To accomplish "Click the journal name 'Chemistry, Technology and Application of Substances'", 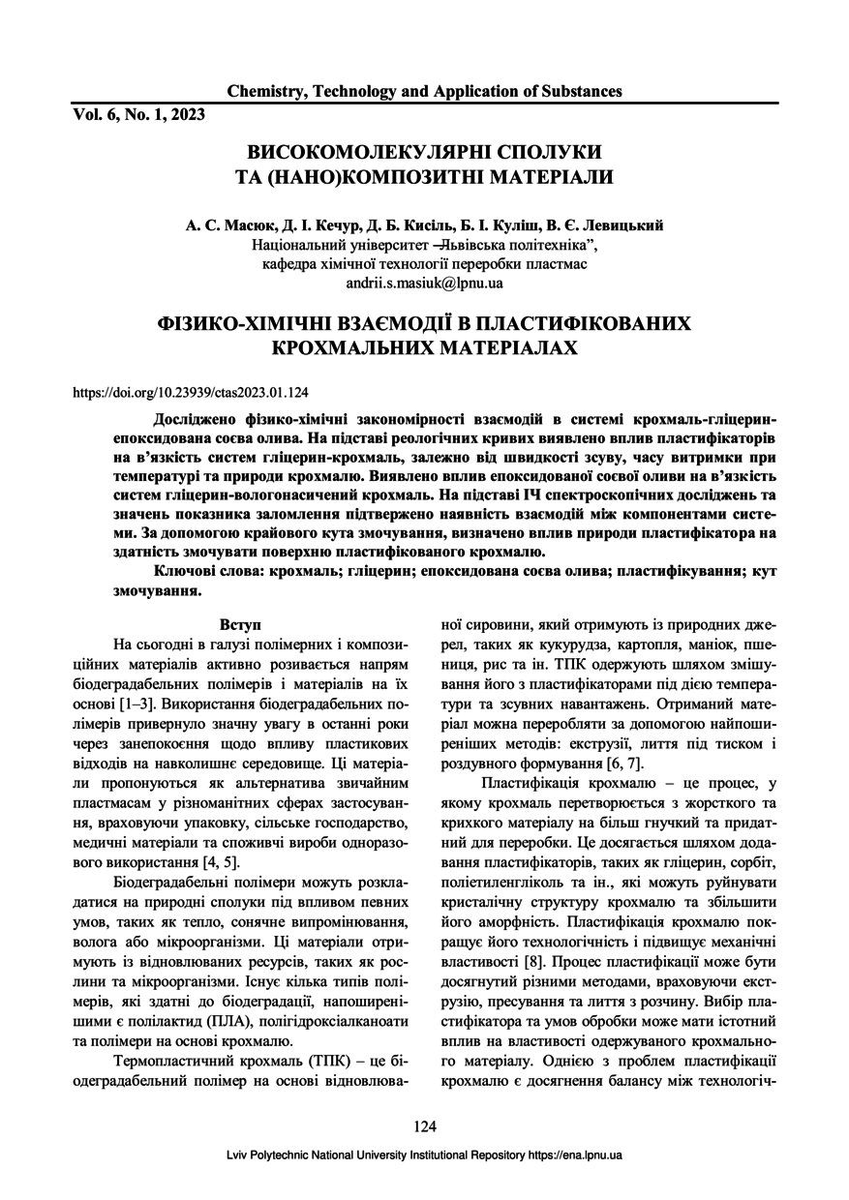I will pyautogui.click(x=424, y=92).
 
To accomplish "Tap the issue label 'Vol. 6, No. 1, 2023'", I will pyautogui.click(x=138, y=113).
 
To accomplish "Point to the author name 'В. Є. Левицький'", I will pyautogui.click(x=608, y=225).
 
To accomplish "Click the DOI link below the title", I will pyautogui.click(x=191, y=393).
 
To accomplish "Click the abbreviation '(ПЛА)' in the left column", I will pyautogui.click(x=202, y=1021).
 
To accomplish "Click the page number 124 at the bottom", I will pyautogui.click(x=424, y=1125).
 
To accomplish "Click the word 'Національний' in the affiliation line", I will pyautogui.click(x=300, y=245).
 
